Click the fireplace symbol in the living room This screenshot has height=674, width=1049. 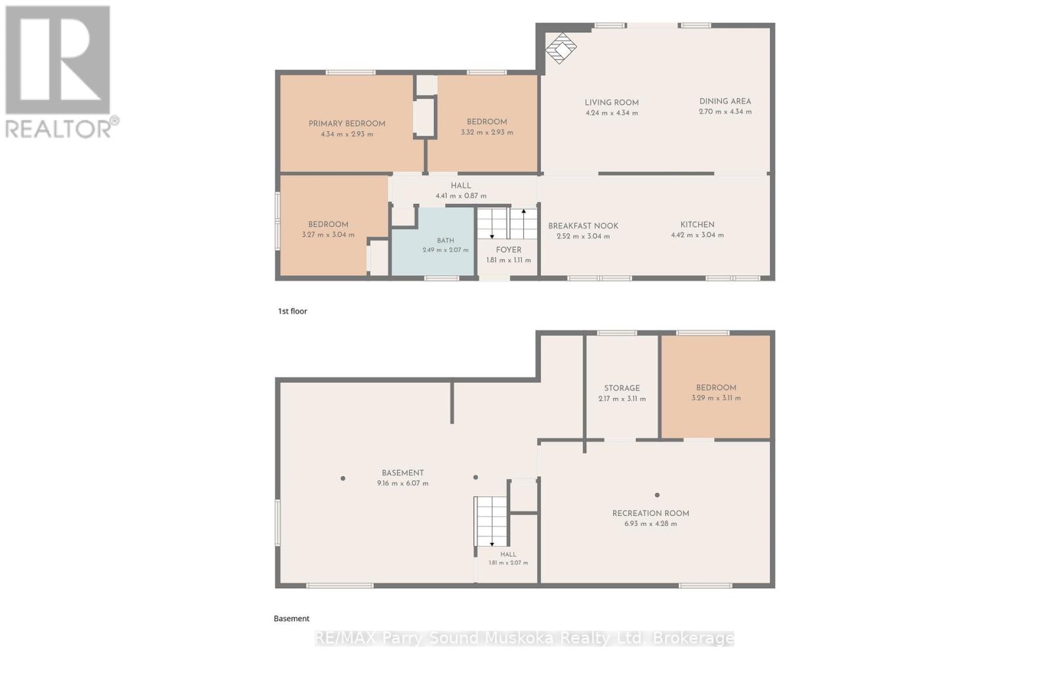point(561,48)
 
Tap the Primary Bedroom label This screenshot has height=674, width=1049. point(347,124)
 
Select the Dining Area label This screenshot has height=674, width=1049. point(725,101)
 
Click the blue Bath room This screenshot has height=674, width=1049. point(433,242)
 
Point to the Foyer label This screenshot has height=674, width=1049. point(509,250)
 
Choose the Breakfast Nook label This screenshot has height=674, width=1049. point(583,226)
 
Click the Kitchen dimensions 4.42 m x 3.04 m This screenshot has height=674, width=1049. point(698,235)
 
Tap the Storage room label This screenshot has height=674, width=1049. point(622,388)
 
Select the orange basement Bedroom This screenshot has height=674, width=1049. point(715,387)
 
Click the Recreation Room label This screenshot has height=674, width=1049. point(650,513)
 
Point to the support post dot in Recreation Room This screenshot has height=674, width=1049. point(657,495)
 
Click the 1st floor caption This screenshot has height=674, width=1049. point(292,311)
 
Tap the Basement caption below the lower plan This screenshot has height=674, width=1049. point(291,619)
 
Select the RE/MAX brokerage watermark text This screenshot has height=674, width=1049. point(524,638)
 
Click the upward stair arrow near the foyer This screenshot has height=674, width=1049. point(524,224)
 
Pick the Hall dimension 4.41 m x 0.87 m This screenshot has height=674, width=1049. point(461,196)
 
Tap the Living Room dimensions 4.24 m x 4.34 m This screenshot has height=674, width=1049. point(612,113)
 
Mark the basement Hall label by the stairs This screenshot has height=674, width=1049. point(508,554)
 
